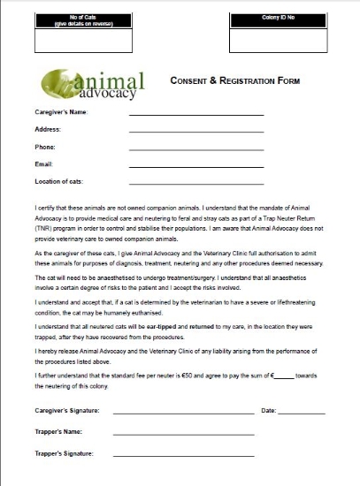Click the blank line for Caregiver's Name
pyautogui.click(x=195, y=114)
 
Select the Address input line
pyautogui.click(x=195, y=131)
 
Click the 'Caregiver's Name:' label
pyautogui.click(x=61, y=112)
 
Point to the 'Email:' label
pyautogui.click(x=44, y=163)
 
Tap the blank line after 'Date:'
pyautogui.click(x=303, y=413)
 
